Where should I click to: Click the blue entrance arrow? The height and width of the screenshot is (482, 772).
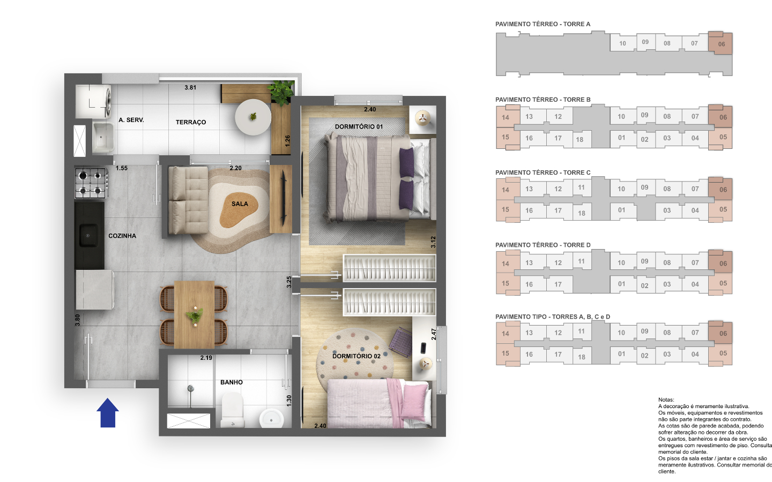click(x=108, y=413)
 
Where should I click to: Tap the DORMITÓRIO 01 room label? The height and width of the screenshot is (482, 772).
click(x=359, y=127)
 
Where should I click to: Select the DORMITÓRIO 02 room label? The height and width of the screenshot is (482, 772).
click(x=356, y=356)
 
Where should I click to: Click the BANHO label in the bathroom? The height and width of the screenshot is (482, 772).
click(x=231, y=382)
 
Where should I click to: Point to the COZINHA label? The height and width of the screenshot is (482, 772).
click(x=122, y=236)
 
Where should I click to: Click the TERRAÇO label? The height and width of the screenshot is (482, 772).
click(x=190, y=122)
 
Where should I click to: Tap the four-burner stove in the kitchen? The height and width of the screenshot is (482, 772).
click(x=90, y=183)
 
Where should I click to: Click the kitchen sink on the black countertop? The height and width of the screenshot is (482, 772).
click(x=88, y=235)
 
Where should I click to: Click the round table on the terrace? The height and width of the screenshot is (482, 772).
click(x=253, y=117)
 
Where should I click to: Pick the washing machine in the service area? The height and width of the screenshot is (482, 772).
click(x=93, y=100)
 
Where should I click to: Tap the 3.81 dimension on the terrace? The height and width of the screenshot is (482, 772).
click(x=190, y=87)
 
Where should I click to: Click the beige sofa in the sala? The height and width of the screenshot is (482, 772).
click(x=188, y=200)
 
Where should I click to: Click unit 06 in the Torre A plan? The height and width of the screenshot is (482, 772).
click(x=721, y=44)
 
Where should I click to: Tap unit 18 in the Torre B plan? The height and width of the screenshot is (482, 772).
click(x=580, y=140)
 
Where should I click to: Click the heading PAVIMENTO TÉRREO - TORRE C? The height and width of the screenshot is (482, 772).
click(x=543, y=172)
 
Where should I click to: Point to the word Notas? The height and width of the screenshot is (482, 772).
click(x=666, y=400)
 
